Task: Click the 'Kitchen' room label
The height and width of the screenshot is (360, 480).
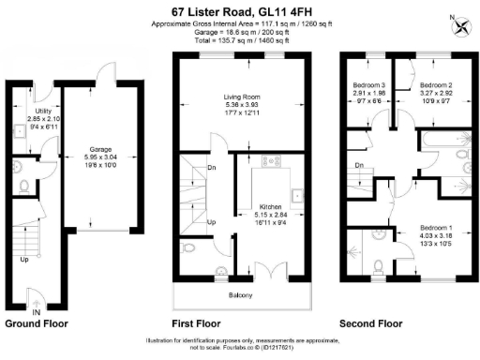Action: point(272,205)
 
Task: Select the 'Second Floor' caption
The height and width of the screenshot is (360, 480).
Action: point(370,323)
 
